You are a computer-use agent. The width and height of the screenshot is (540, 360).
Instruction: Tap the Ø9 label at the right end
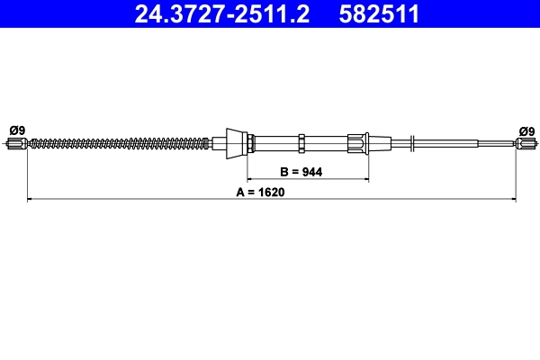(526, 130)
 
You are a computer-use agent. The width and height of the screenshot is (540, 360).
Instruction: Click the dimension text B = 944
(302, 170)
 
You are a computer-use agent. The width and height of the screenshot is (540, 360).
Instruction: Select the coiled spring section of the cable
(117, 142)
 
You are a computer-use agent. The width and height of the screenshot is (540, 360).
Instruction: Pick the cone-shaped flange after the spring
(236, 142)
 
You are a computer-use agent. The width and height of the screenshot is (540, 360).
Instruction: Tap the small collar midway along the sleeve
(303, 142)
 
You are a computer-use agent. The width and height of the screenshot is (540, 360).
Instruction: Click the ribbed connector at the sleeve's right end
(358, 142)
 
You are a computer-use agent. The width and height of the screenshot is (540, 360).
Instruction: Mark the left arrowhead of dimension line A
(31, 199)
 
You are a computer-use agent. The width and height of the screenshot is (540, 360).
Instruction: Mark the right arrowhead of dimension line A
(513, 199)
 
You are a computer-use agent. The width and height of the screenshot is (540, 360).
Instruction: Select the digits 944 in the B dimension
(313, 170)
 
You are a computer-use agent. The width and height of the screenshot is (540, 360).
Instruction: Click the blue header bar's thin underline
(270, 29)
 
